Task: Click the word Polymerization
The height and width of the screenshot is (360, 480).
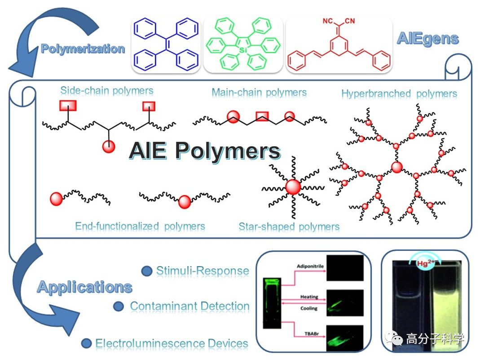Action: (x=83, y=49)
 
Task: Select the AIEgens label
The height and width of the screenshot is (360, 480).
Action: (x=427, y=39)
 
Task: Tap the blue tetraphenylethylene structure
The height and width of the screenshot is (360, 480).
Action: (x=166, y=44)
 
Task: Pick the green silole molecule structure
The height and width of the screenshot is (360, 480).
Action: (x=243, y=44)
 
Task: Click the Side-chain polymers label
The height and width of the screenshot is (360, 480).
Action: (x=107, y=91)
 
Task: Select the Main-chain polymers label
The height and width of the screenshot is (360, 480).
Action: (x=259, y=93)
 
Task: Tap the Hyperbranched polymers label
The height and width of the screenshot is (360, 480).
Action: (x=399, y=93)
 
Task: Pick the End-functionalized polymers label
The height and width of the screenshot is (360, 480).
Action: (x=140, y=226)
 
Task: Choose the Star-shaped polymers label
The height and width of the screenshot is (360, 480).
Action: (x=289, y=227)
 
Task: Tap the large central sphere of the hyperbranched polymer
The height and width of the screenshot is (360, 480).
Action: (x=397, y=168)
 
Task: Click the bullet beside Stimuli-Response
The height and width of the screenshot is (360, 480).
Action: (x=146, y=271)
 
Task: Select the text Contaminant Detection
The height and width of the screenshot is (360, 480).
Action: (x=189, y=306)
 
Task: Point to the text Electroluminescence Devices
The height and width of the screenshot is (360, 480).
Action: (x=172, y=344)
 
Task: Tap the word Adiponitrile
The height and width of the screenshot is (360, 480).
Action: (x=310, y=267)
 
